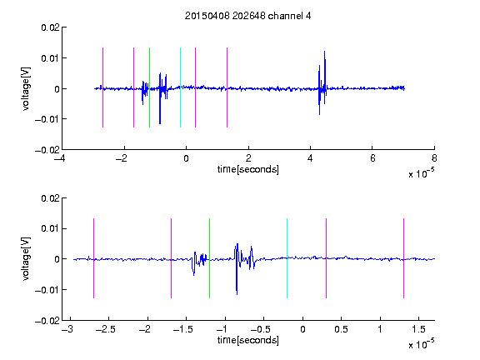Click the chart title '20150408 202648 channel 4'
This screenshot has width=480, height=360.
point(247,16)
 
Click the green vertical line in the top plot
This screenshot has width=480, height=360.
point(149,87)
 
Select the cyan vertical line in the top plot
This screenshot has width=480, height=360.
point(180,87)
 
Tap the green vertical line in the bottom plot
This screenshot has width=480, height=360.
point(209,258)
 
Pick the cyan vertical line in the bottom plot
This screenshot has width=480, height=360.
point(287,258)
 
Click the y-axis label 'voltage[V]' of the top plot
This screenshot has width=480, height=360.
point(26,89)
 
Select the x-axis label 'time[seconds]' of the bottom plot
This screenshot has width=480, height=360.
point(248,340)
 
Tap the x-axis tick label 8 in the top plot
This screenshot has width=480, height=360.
point(434,158)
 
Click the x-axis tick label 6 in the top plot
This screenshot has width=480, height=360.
point(372,158)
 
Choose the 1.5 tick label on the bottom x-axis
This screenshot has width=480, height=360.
point(418,329)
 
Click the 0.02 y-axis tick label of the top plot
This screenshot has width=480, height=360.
point(50,27)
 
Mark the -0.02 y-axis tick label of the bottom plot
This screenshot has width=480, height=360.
point(47,321)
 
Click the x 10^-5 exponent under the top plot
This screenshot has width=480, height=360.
point(422,173)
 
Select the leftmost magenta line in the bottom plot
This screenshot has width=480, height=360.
point(93,258)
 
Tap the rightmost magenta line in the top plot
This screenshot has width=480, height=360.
point(227,87)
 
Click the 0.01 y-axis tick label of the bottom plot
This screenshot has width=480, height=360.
point(50,228)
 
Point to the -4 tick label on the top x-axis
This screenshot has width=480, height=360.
point(59,158)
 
